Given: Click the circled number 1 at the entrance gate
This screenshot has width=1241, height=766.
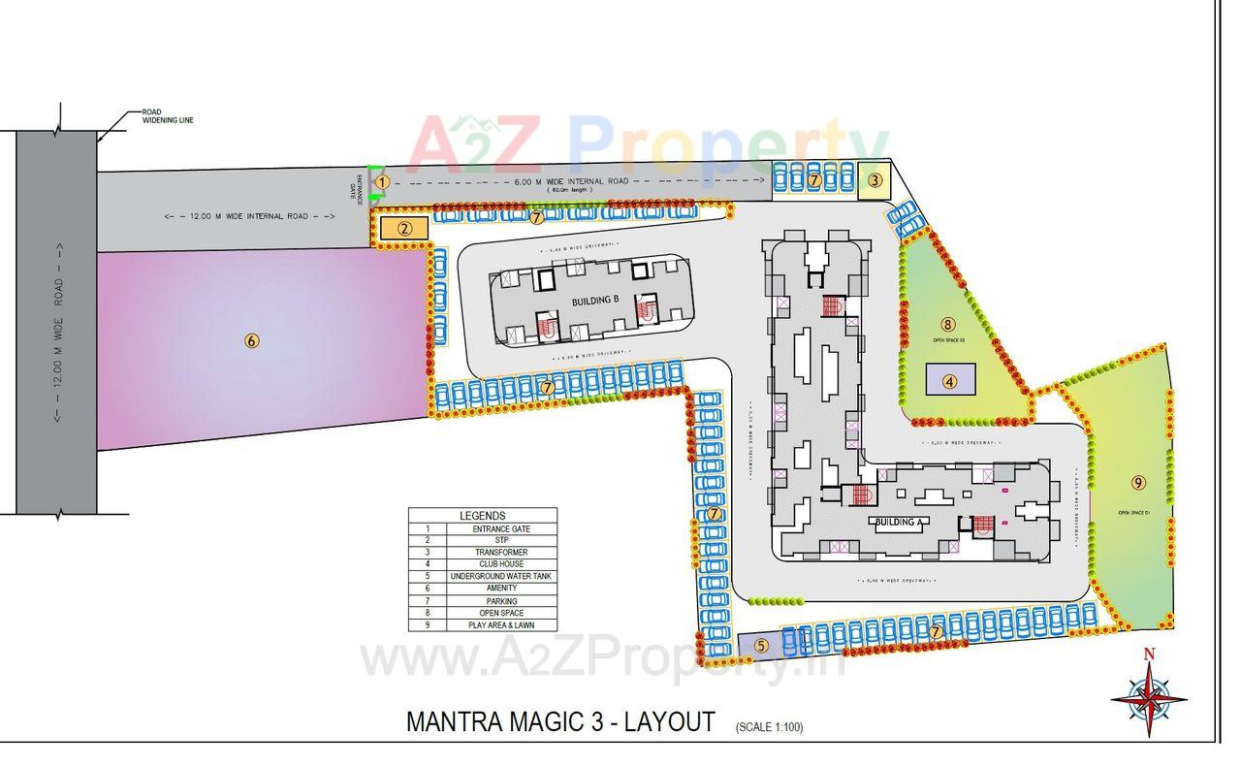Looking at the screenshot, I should pyautogui.click(x=382, y=181).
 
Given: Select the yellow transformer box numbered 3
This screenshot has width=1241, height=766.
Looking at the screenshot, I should pyautogui.click(x=875, y=179).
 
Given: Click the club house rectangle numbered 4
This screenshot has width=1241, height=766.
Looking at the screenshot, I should pyautogui.click(x=950, y=380).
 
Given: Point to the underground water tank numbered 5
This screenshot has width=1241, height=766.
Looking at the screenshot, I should pyautogui.click(x=761, y=645).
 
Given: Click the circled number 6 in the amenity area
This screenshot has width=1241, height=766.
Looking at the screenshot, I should pyautogui.click(x=252, y=340).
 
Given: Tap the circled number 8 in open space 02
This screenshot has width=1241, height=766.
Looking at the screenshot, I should pyautogui.click(x=948, y=324).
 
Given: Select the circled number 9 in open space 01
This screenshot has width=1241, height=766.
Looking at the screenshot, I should pyautogui.click(x=1138, y=482).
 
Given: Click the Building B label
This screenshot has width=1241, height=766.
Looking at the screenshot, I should pyautogui.click(x=595, y=301).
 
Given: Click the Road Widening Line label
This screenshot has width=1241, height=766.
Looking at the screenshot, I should pyautogui.click(x=168, y=115).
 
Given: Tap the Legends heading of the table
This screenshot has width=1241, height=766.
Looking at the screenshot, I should pyautogui.click(x=483, y=516).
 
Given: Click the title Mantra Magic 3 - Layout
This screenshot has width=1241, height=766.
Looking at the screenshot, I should pyautogui.click(x=560, y=722).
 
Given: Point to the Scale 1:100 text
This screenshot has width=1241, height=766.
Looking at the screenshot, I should pyautogui.click(x=769, y=726).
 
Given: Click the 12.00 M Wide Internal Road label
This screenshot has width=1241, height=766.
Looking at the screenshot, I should pyautogui.click(x=250, y=216).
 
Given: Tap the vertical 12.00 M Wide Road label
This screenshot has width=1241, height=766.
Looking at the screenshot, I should pyautogui.click(x=58, y=330).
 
